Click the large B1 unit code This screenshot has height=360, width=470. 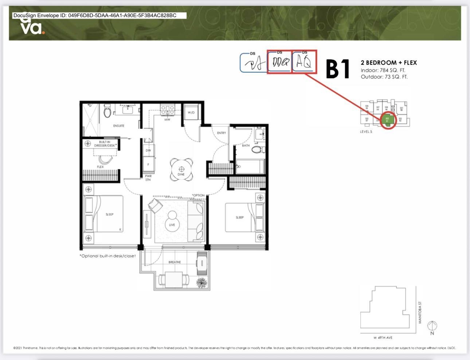click(x=338, y=69)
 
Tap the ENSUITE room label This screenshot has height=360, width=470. click(x=118, y=126)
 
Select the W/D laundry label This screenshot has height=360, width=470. click(x=191, y=113)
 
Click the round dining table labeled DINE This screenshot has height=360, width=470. click(x=181, y=169)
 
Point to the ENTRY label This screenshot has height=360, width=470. click(x=221, y=133)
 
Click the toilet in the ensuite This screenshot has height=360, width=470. click(x=107, y=111)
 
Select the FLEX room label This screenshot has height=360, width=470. click(x=100, y=167)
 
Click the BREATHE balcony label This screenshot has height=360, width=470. click(x=175, y=262)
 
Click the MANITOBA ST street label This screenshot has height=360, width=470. click(x=420, y=312)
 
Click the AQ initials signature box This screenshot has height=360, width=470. click(x=304, y=62)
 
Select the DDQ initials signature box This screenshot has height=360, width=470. click(x=279, y=62)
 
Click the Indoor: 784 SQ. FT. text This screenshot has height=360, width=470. click(x=383, y=70)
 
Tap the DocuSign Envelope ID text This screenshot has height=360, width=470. click(x=95, y=15)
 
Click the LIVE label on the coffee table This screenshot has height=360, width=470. click(x=172, y=225)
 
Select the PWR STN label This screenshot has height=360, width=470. click(x=148, y=178)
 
